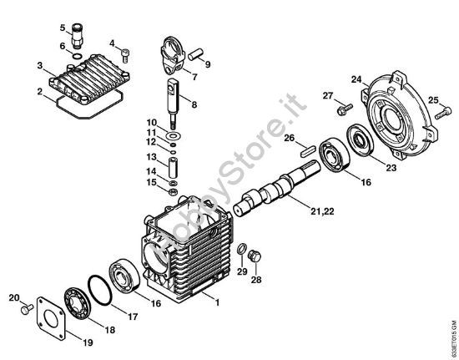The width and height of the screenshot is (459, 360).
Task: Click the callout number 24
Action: click(356, 80)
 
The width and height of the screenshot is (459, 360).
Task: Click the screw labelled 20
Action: click(27, 307)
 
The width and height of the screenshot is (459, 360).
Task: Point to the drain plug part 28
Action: click(255, 253)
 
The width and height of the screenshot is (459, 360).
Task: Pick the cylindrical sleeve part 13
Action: click(172, 160)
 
